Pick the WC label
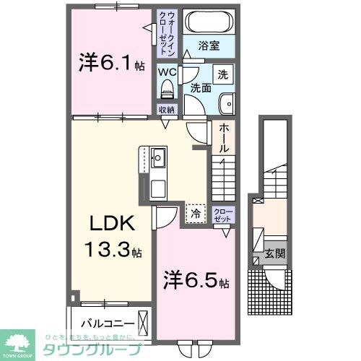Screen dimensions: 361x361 167,72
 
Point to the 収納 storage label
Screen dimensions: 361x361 167,110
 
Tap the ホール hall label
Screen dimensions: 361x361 225,136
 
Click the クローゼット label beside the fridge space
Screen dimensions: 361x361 222,214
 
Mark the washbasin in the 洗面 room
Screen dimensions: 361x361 228,101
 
